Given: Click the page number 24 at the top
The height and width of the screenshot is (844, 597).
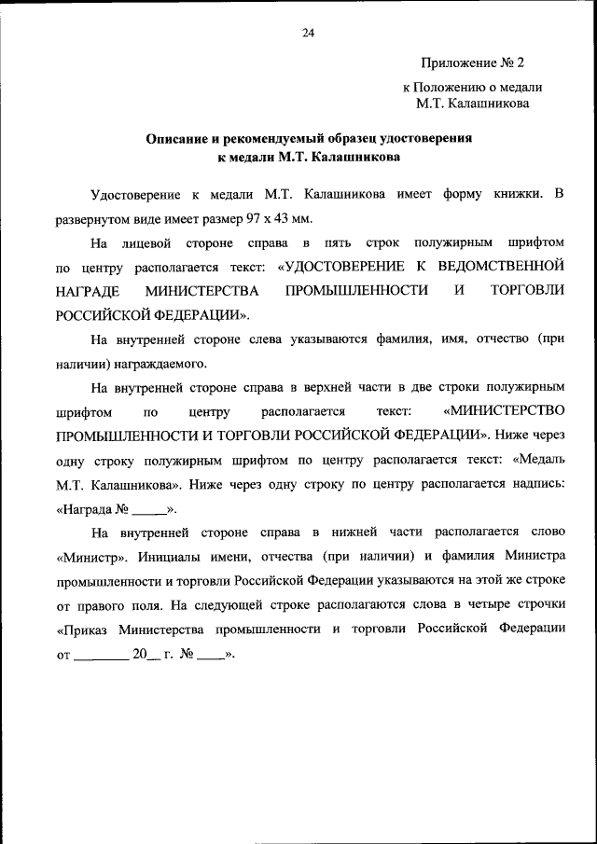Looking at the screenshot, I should (x=308, y=34).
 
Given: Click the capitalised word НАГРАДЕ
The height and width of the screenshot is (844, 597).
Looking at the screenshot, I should (x=87, y=291).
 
